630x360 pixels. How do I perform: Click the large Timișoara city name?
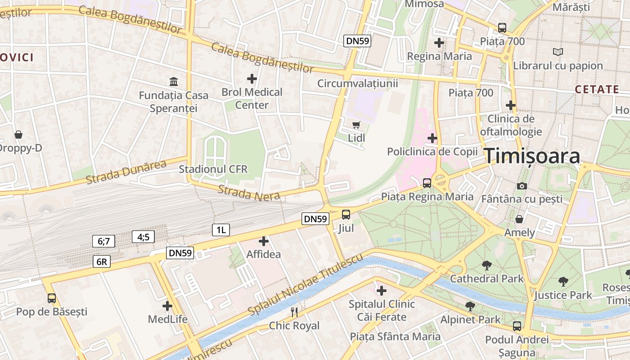[x=532, y=157]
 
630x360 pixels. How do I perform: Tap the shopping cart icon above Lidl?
[x=356, y=125]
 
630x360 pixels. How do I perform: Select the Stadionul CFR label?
[x=213, y=169]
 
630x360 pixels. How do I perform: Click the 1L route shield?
[x=221, y=230]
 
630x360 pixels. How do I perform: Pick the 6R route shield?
[x=102, y=261]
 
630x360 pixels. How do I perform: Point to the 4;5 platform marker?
[x=143, y=237]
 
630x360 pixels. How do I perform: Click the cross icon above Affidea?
[x=264, y=241]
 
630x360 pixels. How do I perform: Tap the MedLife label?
[x=167, y=319]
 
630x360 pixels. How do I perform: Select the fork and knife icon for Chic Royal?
[x=294, y=312]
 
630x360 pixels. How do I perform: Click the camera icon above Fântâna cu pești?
[x=522, y=186]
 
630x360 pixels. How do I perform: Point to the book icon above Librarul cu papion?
[x=558, y=52]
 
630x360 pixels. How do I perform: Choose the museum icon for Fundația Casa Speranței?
[x=174, y=81]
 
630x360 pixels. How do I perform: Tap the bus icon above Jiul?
[x=346, y=215]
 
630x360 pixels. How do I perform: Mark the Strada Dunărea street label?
[x=126, y=171]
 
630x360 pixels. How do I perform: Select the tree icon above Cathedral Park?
[x=486, y=265]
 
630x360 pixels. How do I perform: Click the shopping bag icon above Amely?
[x=519, y=219]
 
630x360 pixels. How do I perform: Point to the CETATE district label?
[x=597, y=90]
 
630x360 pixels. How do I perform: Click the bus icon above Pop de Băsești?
[x=52, y=298]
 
